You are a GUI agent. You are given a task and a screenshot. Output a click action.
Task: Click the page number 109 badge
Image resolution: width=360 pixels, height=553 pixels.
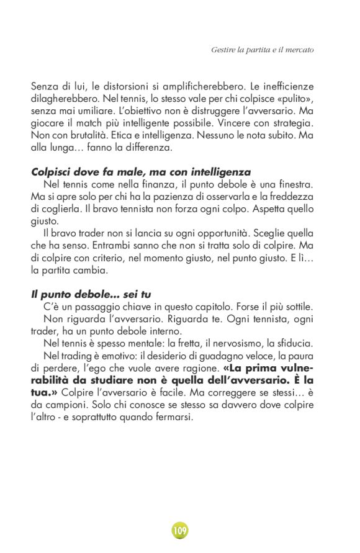180,531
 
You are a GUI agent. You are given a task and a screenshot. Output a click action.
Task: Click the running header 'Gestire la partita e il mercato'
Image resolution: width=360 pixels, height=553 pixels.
263,49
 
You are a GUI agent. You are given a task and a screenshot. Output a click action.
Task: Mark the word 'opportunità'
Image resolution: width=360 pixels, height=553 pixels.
227,234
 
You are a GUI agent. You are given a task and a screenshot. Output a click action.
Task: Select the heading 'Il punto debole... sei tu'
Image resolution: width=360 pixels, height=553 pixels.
91,295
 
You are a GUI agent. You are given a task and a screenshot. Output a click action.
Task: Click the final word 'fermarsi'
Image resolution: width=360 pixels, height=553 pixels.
175,418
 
